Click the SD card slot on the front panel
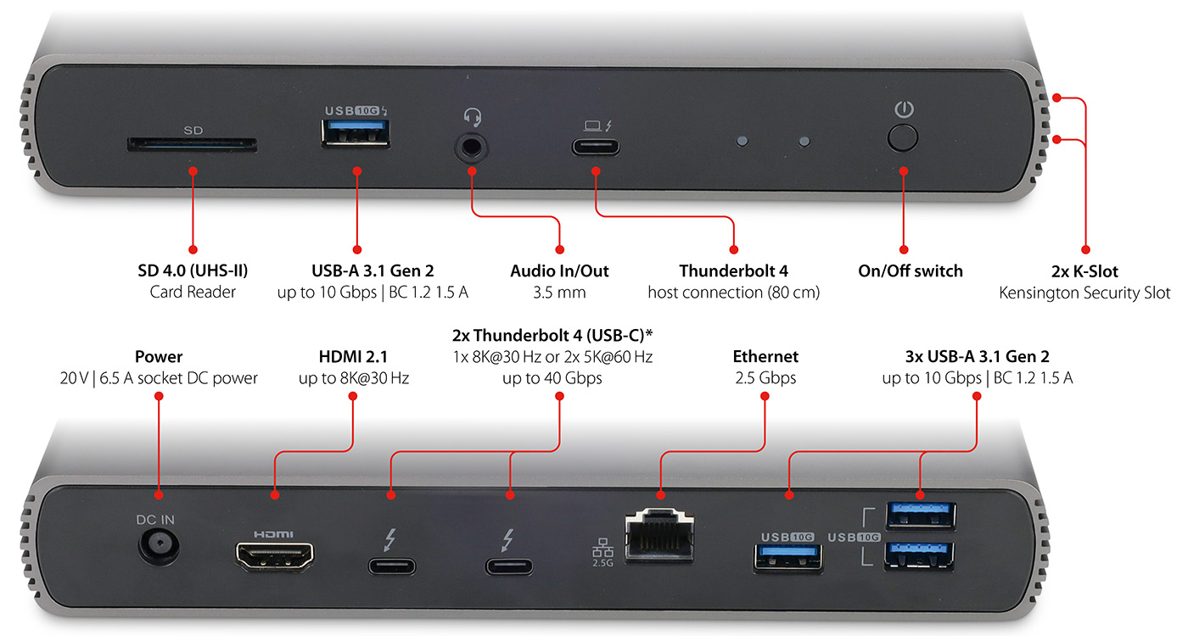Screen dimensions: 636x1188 pyautogui.click(x=191, y=146)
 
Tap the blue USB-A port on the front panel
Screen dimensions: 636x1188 pyautogui.click(x=356, y=134)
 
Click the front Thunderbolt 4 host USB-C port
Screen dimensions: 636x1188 pyautogui.click(x=595, y=146)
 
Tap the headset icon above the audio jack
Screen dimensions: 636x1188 pyautogui.click(x=472, y=116)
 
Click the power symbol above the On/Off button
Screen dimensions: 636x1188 pyautogui.click(x=905, y=109)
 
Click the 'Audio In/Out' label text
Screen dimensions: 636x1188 pyautogui.click(x=559, y=271)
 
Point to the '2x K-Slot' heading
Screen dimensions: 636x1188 pyautogui.click(x=1084, y=271)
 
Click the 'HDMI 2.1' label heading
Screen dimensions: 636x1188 pyautogui.click(x=353, y=357)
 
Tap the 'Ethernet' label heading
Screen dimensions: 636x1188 pyautogui.click(x=766, y=357)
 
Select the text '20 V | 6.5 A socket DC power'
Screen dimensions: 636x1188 pyautogui.click(x=159, y=378)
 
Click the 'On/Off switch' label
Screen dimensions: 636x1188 pyautogui.click(x=911, y=271)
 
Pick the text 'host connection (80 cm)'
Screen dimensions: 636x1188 pyautogui.click(x=734, y=293)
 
